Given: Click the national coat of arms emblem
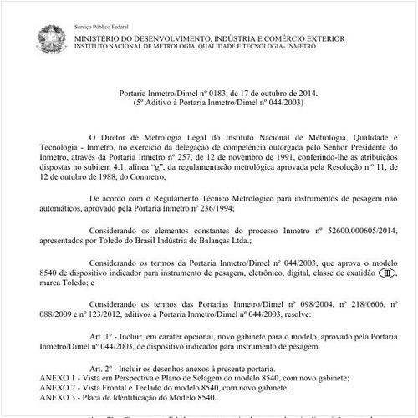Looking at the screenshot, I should click(x=48, y=37).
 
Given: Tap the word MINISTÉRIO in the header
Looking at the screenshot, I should click(x=97, y=38).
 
